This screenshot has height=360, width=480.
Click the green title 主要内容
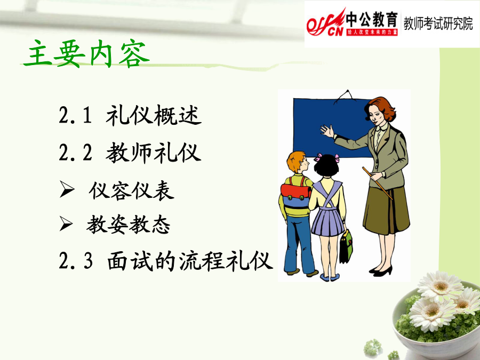point(86,53)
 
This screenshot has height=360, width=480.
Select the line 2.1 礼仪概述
point(130,115)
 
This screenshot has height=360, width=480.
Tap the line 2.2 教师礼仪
point(130,152)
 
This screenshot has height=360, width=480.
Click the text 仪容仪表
point(132,191)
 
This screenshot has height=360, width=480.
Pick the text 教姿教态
point(128,225)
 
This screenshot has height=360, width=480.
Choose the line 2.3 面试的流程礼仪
point(166,261)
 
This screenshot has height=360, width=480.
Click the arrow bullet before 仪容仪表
point(67,189)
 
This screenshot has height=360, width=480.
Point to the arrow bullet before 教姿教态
point(66,223)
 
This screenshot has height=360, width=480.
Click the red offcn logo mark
point(326,23)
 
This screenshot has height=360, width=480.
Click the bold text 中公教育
point(372,20)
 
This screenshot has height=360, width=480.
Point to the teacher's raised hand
point(327,131)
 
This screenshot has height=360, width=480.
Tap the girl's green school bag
point(346,246)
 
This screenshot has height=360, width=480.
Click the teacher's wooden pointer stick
point(377,183)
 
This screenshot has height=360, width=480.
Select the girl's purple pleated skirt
point(328,221)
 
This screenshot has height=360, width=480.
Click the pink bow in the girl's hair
point(318,157)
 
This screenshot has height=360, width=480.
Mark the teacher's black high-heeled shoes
point(381,271)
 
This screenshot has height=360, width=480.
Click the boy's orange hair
point(295,160)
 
